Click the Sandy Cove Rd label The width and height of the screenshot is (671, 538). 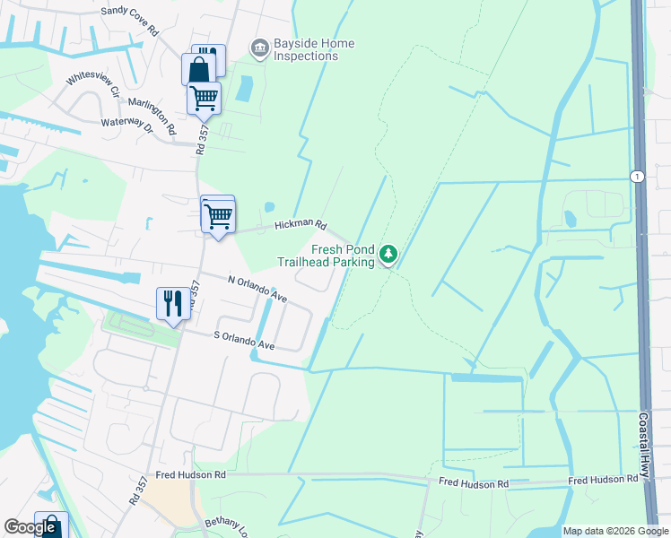click(x=130, y=21)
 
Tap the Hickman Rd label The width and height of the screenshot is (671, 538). click(x=300, y=224)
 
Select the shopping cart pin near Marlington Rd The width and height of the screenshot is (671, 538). click(x=204, y=98)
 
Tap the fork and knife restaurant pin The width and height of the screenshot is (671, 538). click(x=173, y=303)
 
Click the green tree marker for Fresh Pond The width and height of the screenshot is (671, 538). click(x=388, y=255)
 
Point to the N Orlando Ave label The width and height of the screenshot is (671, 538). click(x=257, y=289)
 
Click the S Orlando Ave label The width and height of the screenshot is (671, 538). click(x=243, y=340)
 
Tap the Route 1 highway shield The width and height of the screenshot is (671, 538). click(x=637, y=176)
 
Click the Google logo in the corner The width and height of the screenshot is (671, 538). click(x=31, y=527)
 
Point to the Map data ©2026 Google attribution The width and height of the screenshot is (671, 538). click(x=615, y=531)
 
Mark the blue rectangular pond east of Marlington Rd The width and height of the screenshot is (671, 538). click(x=243, y=88)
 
